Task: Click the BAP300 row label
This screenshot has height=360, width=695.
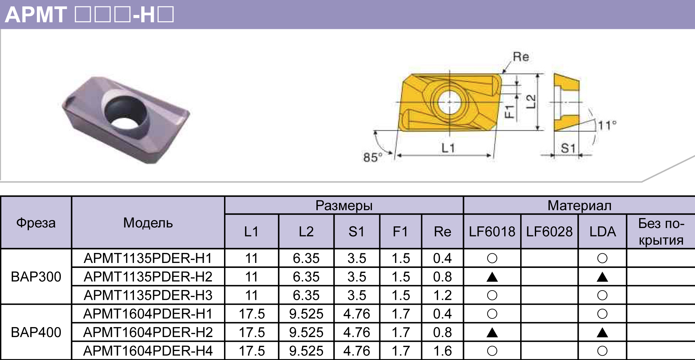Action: [x=36, y=277]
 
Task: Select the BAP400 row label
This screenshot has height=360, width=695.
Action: [x=36, y=332]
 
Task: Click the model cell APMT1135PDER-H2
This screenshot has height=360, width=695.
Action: [x=148, y=277]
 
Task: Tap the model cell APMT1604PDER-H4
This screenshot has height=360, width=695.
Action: [x=148, y=351]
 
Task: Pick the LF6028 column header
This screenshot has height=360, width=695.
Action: [x=549, y=231]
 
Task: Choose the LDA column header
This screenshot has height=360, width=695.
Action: [x=603, y=231]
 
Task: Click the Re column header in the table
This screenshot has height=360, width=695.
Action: [x=442, y=231]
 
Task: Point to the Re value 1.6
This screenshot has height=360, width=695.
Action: [x=442, y=351]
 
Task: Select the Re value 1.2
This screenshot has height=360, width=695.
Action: [x=442, y=295]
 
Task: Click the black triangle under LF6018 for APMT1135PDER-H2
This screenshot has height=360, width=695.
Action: [x=492, y=277]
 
